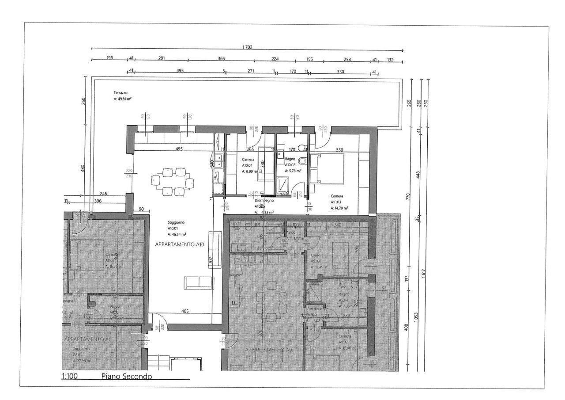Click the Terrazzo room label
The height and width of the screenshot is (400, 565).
(121, 93)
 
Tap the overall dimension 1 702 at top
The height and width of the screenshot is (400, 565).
(247, 47)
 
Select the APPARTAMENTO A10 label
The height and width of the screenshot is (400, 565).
(179, 244)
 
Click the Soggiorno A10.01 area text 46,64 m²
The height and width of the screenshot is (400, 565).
(177, 234)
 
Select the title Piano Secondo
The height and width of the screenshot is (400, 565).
(127, 376)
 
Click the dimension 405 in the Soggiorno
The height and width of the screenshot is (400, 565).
(185, 312)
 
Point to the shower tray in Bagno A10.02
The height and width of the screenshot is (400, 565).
(282, 185)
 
